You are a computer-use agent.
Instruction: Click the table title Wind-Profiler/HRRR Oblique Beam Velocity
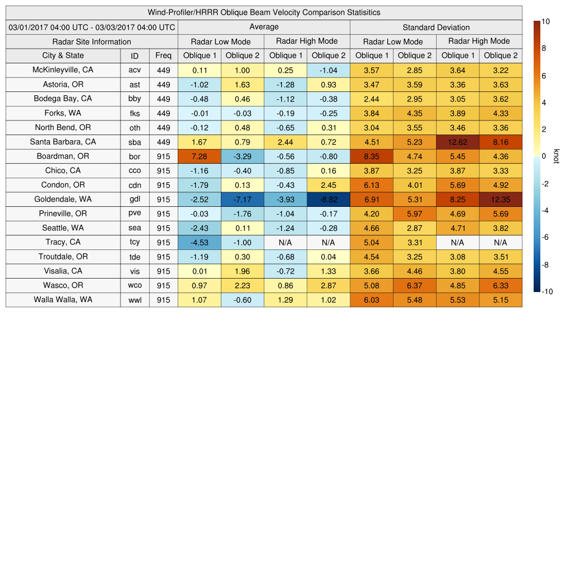(264, 12)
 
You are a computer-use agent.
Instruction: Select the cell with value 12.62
(457, 142)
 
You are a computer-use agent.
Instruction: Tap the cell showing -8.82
(328, 199)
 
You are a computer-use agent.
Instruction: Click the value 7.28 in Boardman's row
(200, 156)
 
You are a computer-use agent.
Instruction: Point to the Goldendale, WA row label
(63, 199)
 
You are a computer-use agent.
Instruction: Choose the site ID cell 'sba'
(135, 142)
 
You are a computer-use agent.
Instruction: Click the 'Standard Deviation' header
(436, 27)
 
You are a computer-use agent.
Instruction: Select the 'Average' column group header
(263, 27)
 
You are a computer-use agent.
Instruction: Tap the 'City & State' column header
(63, 55)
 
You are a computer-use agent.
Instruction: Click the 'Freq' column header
(164, 55)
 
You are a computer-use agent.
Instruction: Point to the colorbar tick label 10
(545, 21)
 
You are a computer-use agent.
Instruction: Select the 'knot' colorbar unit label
(556, 156)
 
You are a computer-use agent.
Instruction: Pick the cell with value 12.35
(501, 199)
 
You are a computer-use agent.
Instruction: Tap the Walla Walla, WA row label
(63, 300)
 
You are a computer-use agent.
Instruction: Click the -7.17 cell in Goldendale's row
(242, 199)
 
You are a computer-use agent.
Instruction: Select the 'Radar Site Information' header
(92, 41)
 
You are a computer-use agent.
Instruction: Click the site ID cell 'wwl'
(135, 300)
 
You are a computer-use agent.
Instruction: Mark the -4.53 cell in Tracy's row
(200, 242)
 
